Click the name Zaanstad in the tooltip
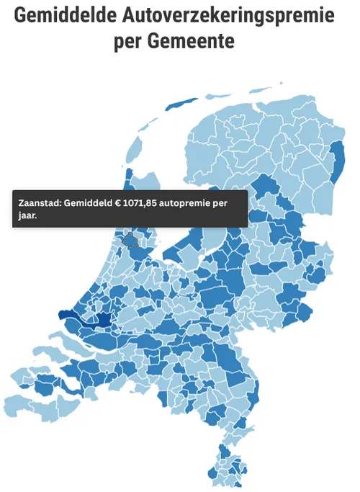[x=40, y=203]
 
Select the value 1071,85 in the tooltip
[x=140, y=203]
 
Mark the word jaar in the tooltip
[x=28, y=215]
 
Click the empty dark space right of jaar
[x=144, y=216]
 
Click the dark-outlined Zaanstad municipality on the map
[x=130, y=241]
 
